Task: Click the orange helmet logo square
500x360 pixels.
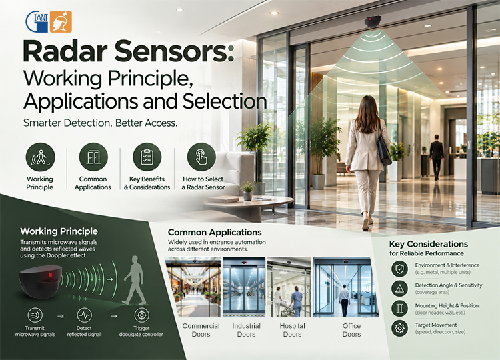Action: [x=61, y=22]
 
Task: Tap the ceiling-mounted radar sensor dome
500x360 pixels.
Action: [x=373, y=22]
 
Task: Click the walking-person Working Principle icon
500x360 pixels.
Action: [x=40, y=157]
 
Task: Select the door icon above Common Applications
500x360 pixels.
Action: [x=93, y=157]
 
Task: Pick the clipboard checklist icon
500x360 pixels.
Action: [x=147, y=157]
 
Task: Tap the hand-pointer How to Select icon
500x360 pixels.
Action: [x=201, y=157]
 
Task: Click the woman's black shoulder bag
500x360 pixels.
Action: [x=384, y=148]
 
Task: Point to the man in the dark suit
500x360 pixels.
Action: [x=436, y=157]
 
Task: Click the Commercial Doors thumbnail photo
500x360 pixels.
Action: [x=193, y=287]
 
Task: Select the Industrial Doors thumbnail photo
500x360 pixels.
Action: [x=244, y=287]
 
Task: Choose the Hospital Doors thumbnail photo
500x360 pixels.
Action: [x=289, y=287]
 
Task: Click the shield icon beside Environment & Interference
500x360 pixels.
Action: [x=399, y=269]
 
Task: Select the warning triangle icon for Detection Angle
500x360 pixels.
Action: [x=399, y=289]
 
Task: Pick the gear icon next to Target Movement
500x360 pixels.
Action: [x=399, y=328]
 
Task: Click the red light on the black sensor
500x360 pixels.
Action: [x=50, y=275]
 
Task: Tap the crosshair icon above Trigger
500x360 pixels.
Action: [x=141, y=315]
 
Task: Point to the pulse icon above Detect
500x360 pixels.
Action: [x=84, y=315]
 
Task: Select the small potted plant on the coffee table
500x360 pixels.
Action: [x=247, y=191]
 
